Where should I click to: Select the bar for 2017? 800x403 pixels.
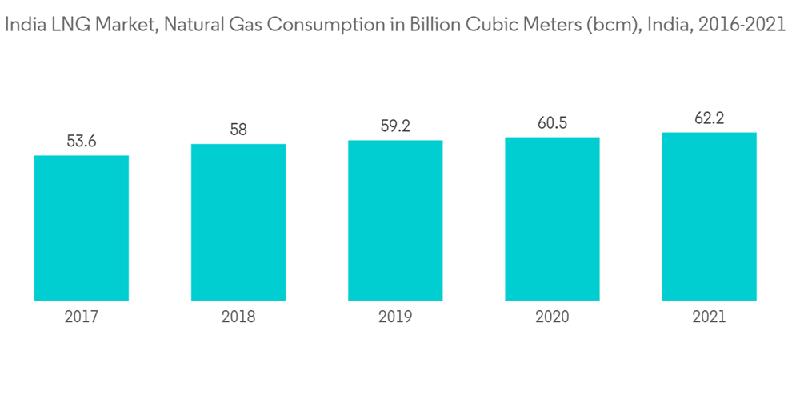tap(82, 228)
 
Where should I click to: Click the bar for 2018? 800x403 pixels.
tap(238, 222)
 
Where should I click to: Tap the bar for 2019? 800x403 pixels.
tap(395, 221)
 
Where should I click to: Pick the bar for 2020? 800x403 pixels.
tap(552, 219)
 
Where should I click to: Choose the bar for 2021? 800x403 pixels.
tap(709, 217)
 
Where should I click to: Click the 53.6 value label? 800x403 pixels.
tap(82, 142)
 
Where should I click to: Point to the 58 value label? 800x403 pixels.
tap(238, 130)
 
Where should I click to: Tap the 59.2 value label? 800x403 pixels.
tap(395, 126)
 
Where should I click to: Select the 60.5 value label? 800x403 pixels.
tap(552, 123)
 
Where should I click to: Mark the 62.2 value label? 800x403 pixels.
tap(709, 119)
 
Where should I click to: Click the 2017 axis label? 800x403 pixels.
tap(82, 317)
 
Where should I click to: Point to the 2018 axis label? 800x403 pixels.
tap(238, 317)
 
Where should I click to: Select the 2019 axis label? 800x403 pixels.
tap(395, 317)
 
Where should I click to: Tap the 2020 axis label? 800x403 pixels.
tap(552, 317)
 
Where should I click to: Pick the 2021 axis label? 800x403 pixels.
tap(709, 317)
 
